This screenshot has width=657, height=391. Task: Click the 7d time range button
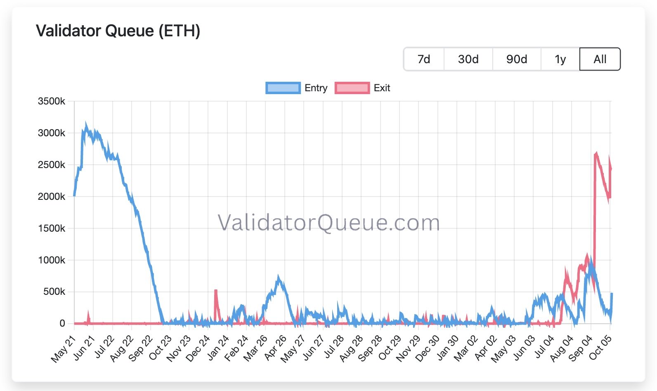423,59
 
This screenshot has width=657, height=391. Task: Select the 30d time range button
468,59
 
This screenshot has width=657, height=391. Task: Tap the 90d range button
516,59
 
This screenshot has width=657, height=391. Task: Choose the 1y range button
560,59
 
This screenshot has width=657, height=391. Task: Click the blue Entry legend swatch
283,88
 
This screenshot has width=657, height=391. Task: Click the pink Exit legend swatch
352,88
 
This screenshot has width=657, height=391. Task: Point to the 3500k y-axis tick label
51,101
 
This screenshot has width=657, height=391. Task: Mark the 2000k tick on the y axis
51,197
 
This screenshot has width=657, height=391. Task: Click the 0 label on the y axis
62,323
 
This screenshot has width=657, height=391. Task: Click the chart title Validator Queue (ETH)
118,31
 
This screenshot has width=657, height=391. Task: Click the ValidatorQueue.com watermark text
328,223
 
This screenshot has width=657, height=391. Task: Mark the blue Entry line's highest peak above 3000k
86,124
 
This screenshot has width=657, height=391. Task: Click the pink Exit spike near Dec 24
216,291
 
